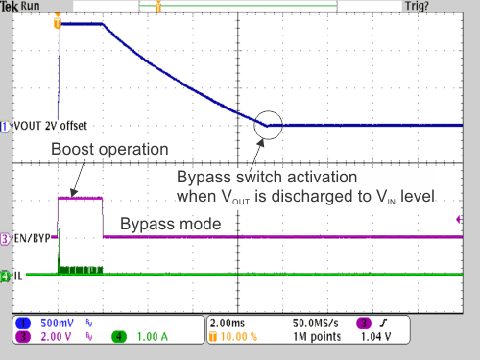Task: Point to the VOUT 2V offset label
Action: [49, 125]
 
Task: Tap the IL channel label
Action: [18, 276]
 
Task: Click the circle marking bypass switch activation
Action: [269, 124]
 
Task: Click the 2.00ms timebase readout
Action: [229, 324]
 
